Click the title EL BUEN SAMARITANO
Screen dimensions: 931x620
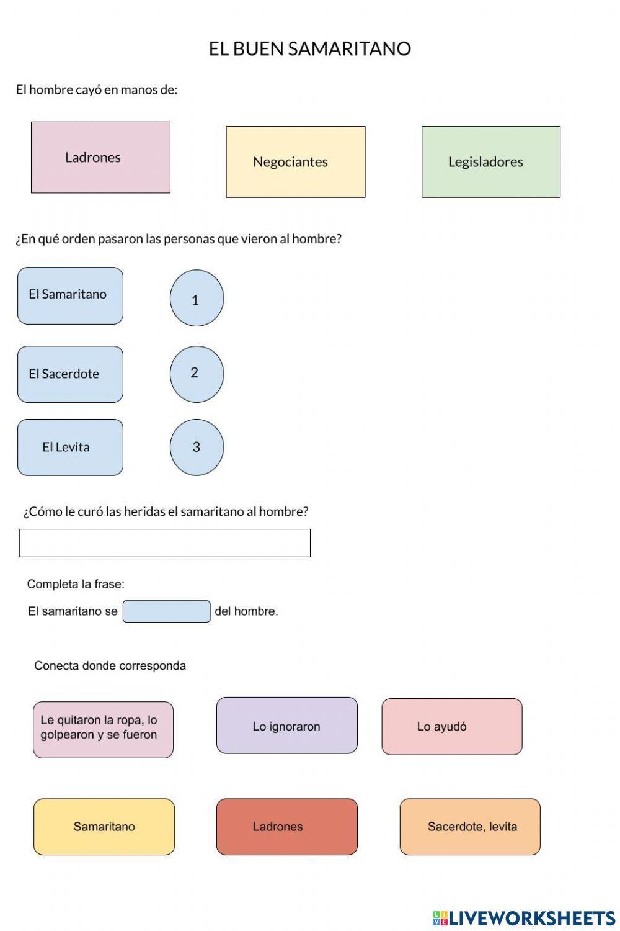(309, 49)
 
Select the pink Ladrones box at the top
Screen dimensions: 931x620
(100, 158)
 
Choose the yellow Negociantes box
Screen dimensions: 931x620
(295, 162)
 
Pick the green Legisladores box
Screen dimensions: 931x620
(490, 162)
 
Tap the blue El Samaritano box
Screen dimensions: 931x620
(70, 295)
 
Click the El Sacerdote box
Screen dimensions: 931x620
(70, 374)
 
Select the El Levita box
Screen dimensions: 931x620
(70, 448)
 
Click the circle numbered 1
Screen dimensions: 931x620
(197, 299)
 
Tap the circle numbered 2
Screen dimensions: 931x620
(197, 374)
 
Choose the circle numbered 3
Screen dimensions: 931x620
(197, 448)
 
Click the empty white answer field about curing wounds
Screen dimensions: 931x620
(165, 543)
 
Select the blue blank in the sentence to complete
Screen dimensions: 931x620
(166, 611)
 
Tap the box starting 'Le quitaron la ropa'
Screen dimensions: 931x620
(103, 730)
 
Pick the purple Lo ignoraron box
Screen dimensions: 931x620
(286, 726)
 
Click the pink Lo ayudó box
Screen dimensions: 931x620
(451, 727)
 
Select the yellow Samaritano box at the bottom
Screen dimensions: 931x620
(104, 827)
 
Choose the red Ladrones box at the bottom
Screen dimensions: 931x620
(286, 827)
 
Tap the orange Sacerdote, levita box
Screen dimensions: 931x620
(470, 827)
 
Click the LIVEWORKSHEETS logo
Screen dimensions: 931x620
(523, 918)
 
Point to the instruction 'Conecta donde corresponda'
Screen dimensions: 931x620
(110, 666)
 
